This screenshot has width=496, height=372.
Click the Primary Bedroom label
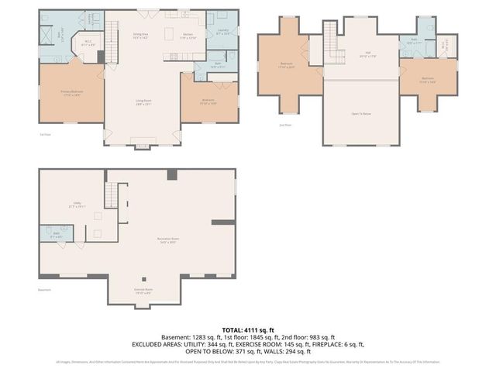(x=71, y=93)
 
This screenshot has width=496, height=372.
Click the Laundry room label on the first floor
(x=222, y=33)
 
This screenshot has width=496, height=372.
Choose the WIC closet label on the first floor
(x=88, y=44)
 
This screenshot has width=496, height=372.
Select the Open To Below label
(x=360, y=113)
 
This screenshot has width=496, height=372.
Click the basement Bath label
(x=56, y=235)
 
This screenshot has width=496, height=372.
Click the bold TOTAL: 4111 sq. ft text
(x=247, y=329)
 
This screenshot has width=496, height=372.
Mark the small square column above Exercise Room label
(x=143, y=279)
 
